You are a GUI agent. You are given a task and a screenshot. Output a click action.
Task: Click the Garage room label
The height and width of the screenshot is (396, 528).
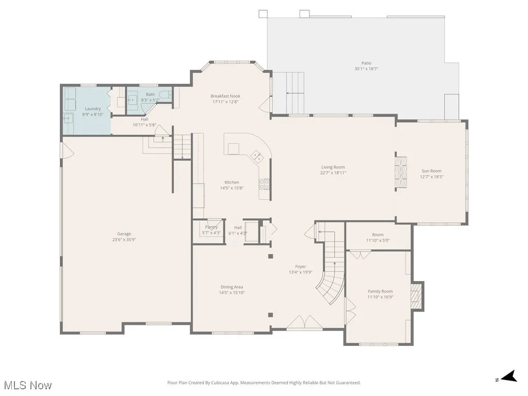124,234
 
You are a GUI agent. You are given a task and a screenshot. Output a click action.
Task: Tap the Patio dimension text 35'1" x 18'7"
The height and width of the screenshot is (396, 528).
366,69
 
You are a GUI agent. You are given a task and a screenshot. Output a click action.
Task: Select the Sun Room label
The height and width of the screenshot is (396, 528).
431,171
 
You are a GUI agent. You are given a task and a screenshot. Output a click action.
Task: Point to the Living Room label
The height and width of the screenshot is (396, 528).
333,167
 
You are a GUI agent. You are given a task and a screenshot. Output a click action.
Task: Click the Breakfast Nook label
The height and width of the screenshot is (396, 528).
225,96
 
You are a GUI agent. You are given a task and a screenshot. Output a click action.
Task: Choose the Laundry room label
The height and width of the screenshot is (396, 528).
93,109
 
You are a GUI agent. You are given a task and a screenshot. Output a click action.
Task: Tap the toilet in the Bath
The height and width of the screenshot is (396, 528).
165,94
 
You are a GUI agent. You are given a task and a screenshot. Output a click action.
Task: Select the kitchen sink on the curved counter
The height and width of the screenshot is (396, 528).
256,155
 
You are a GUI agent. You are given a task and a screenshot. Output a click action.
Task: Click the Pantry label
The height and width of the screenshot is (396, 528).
211,227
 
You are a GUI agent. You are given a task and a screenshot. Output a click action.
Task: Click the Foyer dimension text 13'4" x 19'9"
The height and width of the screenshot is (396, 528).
301,272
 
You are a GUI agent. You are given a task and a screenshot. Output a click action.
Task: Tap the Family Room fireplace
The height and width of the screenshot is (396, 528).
416,295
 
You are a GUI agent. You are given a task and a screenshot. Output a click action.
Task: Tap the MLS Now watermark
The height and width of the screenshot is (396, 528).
27,385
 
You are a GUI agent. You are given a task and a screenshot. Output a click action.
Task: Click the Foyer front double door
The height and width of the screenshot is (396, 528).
306,323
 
